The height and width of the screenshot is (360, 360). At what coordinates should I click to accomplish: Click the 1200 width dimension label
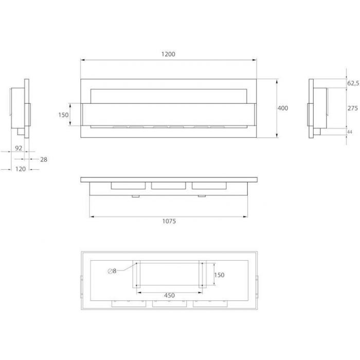point(168,54)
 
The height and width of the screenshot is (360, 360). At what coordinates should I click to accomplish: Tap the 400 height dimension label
point(283,108)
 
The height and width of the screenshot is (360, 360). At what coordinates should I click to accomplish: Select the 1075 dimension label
point(169,221)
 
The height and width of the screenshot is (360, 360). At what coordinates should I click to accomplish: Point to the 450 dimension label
point(169,295)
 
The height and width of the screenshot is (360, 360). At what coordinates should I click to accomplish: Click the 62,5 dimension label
point(353,83)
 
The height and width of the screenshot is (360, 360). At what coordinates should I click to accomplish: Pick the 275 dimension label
point(353,108)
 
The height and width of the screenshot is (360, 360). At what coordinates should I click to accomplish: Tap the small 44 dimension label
point(349,132)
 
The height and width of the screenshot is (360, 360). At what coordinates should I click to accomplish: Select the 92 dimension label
point(19,148)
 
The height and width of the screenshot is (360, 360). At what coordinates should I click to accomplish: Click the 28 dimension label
point(44,159)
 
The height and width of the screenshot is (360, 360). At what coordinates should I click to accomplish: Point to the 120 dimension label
point(21,169)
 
